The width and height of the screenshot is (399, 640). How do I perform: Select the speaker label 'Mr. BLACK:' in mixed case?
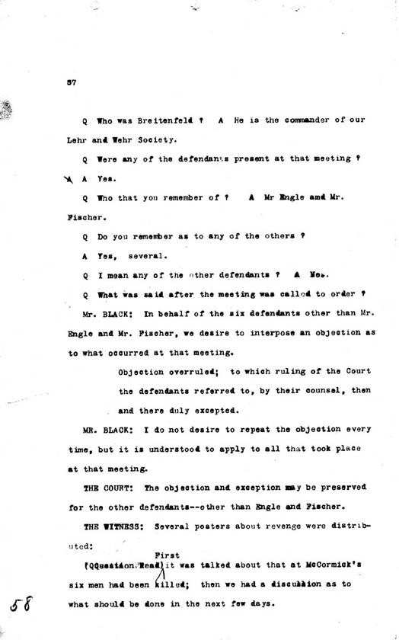(110, 313)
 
